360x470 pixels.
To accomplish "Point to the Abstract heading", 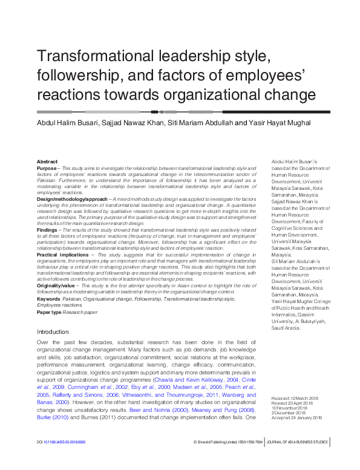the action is pyautogui.click(x=47, y=162).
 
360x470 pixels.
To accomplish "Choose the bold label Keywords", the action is pyautogui.click(x=48, y=299).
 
